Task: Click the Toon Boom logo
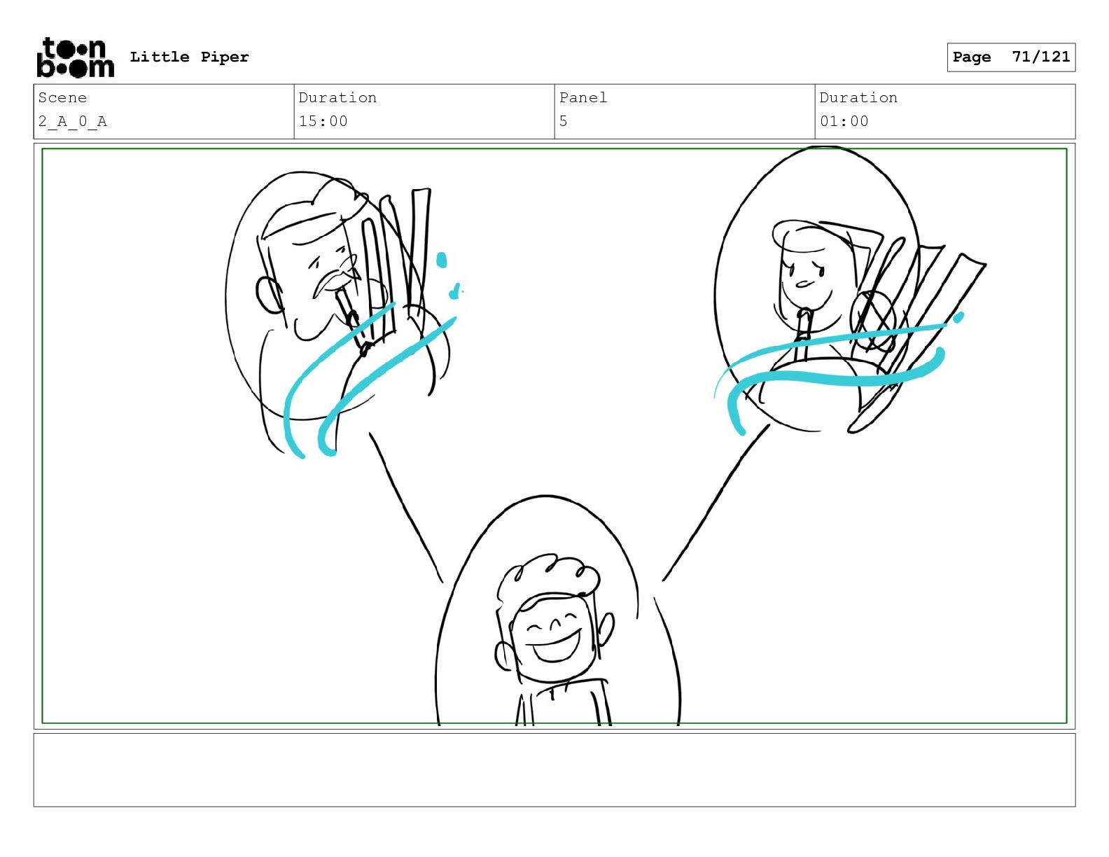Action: click(x=76, y=57)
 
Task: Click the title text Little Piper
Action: click(x=189, y=57)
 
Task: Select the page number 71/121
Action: click(x=1041, y=57)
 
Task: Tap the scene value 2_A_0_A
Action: click(x=73, y=122)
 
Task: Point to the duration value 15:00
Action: click(x=323, y=122)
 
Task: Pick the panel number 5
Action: click(x=564, y=122)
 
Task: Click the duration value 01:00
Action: click(x=844, y=122)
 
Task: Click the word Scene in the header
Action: click(x=62, y=97)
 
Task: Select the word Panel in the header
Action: click(x=583, y=97)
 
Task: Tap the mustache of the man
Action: click(x=334, y=277)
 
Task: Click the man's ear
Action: click(x=269, y=295)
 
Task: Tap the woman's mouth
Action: click(x=804, y=284)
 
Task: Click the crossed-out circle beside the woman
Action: click(x=872, y=321)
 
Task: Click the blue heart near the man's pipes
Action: click(x=454, y=292)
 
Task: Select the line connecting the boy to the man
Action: click(x=406, y=507)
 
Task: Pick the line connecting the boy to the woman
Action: click(x=716, y=502)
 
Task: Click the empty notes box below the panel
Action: click(x=554, y=770)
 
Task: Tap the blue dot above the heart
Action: click(x=442, y=260)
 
